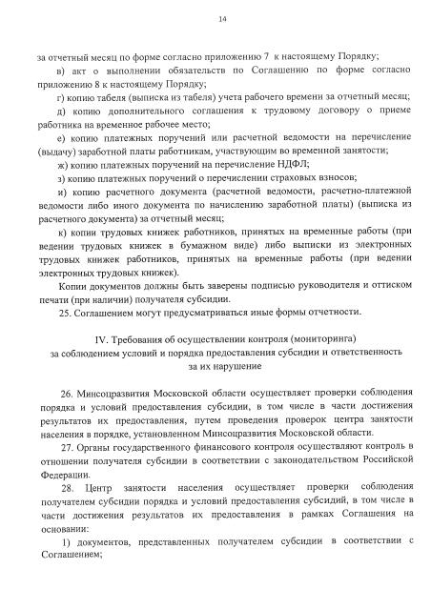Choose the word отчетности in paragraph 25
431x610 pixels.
[x=303, y=312]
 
